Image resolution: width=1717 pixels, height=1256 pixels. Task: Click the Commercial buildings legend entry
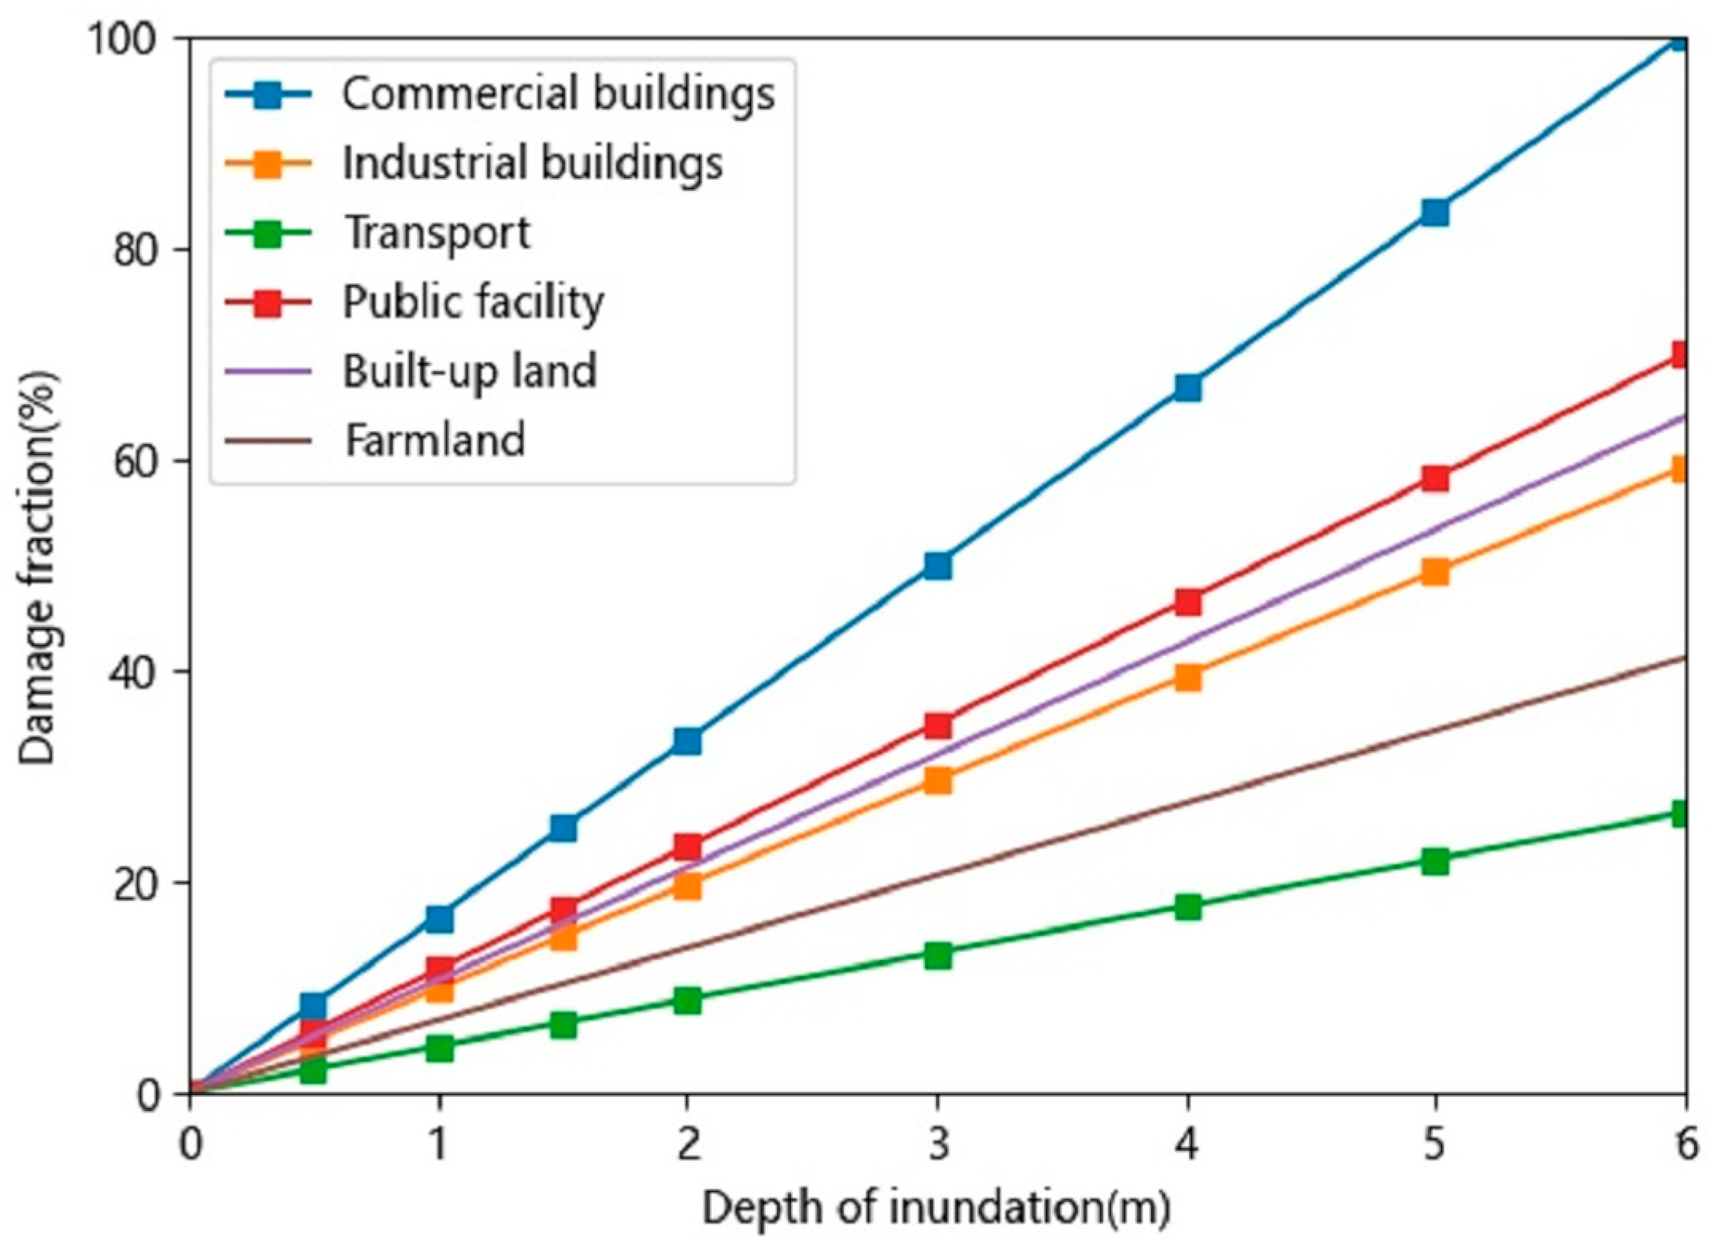(557, 94)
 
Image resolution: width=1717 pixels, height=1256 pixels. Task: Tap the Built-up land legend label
(470, 371)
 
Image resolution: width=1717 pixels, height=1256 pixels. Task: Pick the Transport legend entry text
(437, 232)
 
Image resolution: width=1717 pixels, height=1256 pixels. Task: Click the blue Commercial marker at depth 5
(1434, 213)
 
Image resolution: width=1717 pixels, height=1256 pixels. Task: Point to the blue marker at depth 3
(938, 566)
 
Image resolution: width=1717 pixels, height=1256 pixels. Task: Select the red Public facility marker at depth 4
(1187, 602)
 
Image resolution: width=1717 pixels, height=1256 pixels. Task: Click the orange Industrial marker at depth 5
(1434, 571)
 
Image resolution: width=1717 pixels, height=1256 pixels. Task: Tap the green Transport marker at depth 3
(938, 955)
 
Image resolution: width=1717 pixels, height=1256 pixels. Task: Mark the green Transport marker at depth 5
(1434, 861)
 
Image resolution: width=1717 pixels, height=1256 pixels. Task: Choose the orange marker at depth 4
(1187, 677)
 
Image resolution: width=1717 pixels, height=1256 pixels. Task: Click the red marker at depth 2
(687, 846)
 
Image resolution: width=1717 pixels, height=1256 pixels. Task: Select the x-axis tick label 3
(938, 1145)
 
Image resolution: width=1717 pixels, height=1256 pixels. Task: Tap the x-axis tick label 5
(1434, 1145)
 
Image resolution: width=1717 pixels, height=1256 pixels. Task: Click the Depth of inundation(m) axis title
(936, 1208)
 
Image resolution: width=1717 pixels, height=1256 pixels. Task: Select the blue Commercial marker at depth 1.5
(563, 828)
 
